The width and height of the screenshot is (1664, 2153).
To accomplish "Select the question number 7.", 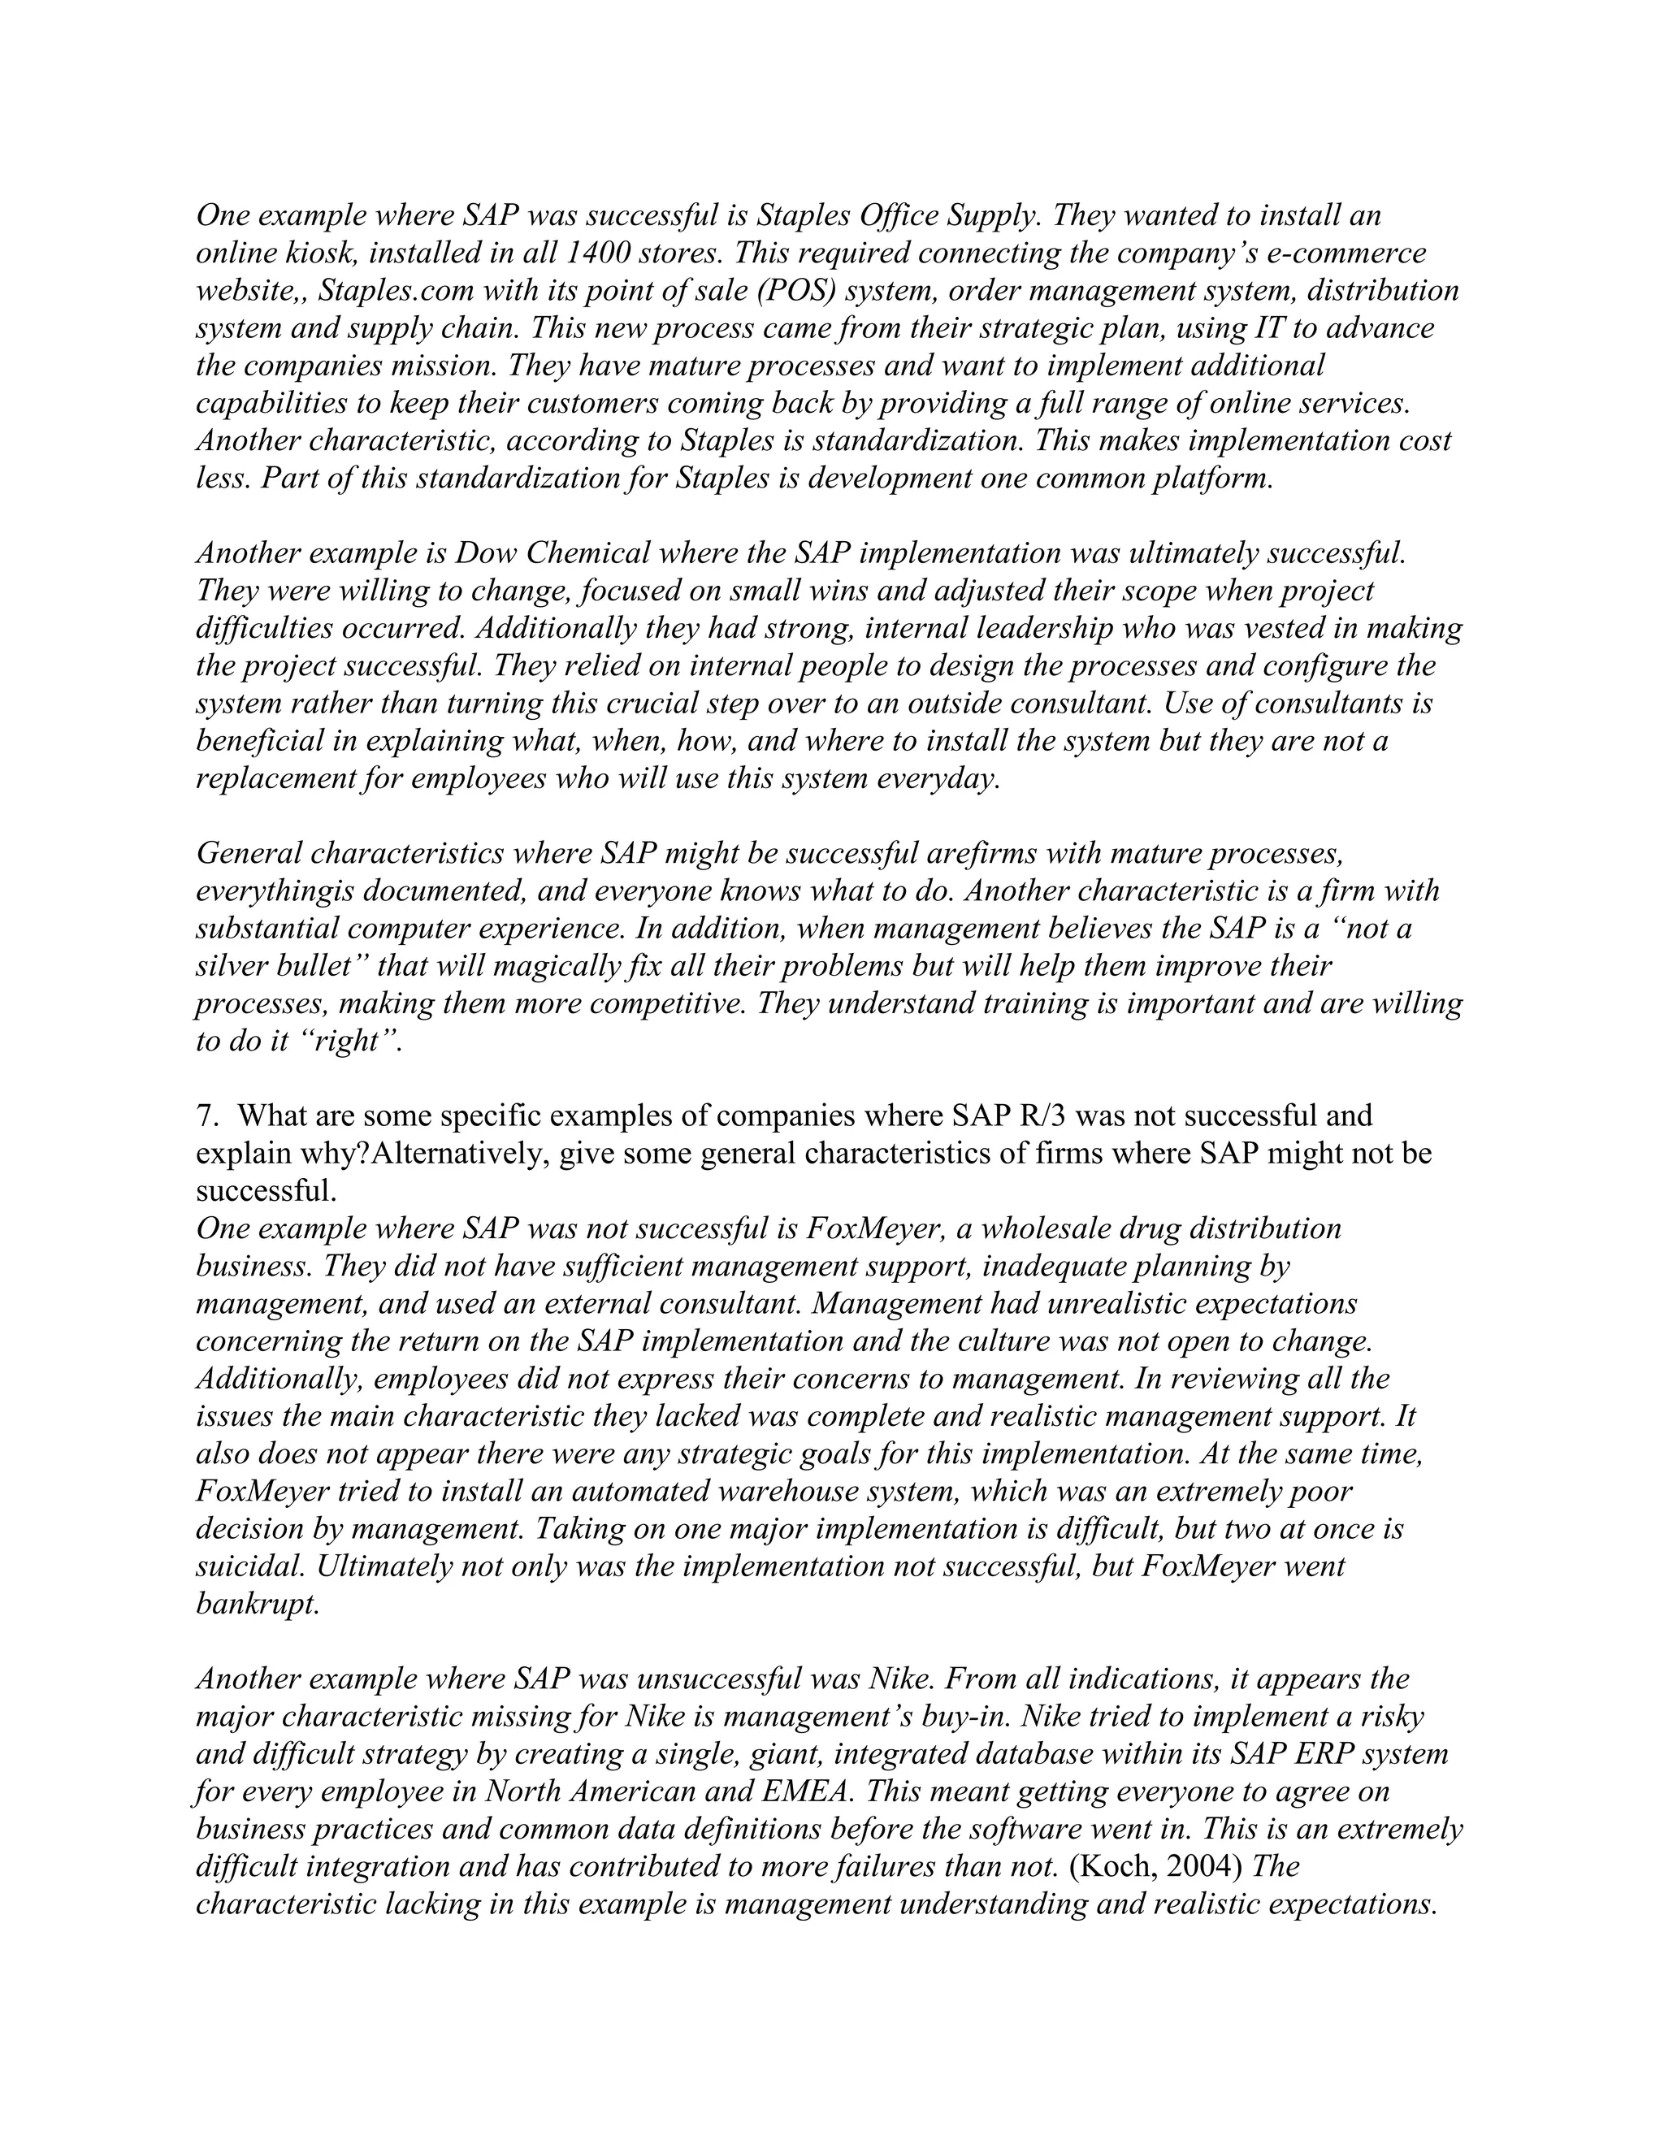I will (204, 1116).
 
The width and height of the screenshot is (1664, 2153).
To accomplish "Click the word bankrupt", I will (258, 1604).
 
